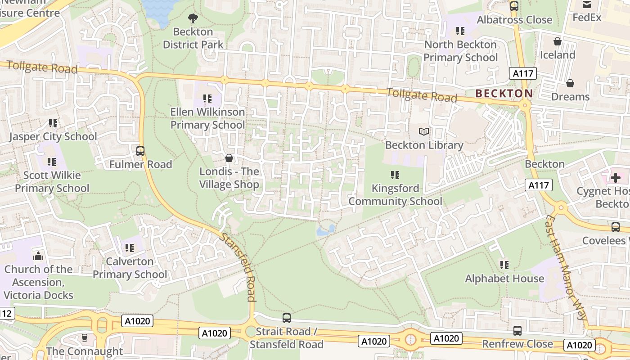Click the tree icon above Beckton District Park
click(x=193, y=18)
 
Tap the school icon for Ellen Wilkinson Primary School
click(x=207, y=98)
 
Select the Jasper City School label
click(x=53, y=136)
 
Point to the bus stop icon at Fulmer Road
click(x=140, y=151)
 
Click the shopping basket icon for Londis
click(x=229, y=158)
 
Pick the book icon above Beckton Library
click(x=424, y=132)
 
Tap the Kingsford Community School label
click(x=396, y=194)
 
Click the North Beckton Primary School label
click(x=461, y=51)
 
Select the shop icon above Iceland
click(x=558, y=41)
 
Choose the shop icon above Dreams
click(x=570, y=83)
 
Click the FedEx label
click(x=587, y=18)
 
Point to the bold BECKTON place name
click(x=504, y=94)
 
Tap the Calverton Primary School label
click(x=130, y=268)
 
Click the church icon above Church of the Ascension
click(x=38, y=256)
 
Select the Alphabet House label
click(x=504, y=279)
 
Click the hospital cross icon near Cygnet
click(x=615, y=178)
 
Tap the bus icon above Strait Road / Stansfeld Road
click(x=287, y=318)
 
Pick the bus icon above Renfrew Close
click(x=517, y=331)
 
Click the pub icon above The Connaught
click(x=84, y=337)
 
